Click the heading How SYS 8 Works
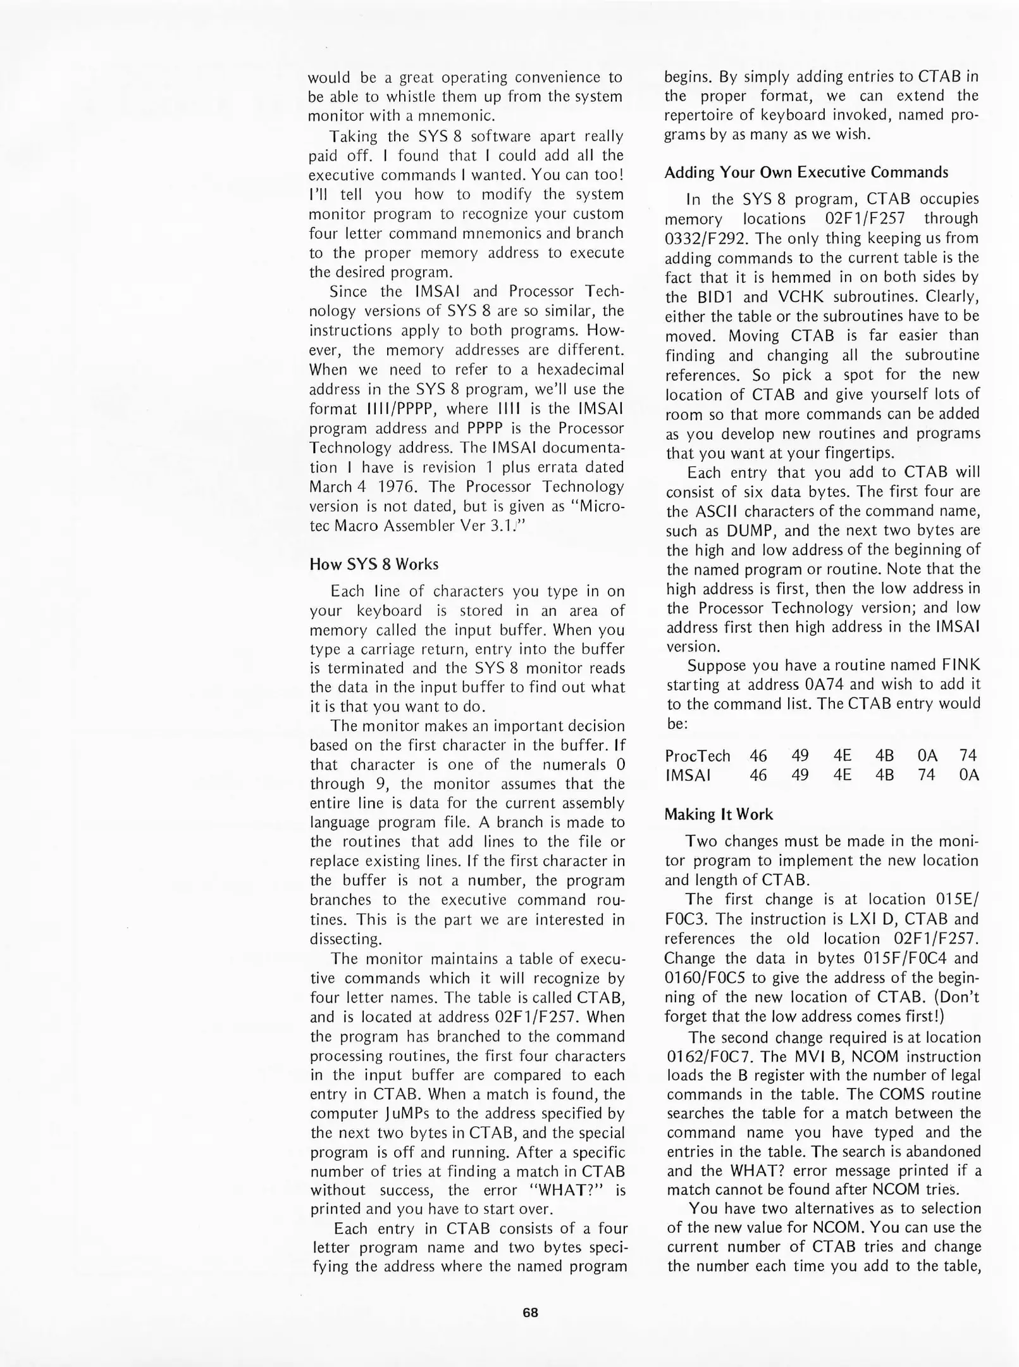(x=373, y=564)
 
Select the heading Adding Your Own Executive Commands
(x=806, y=172)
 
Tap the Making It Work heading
(x=719, y=814)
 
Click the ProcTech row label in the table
(x=697, y=756)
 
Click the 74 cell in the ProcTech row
(x=968, y=756)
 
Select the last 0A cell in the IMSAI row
(x=968, y=775)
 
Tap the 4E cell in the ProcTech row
(x=842, y=756)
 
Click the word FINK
(x=961, y=665)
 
